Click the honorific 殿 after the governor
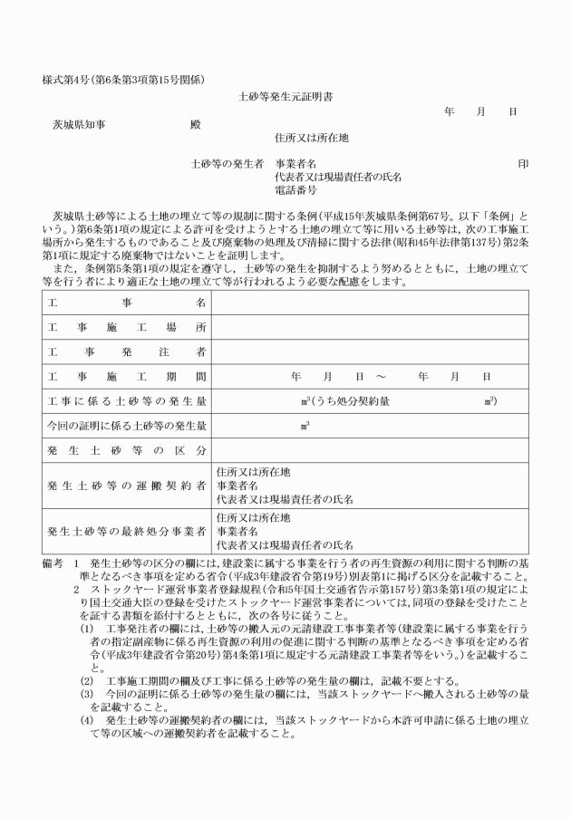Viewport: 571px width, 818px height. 195,125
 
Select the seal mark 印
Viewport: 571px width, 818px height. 522,165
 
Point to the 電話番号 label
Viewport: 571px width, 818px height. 295,191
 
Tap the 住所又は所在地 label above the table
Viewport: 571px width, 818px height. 311,139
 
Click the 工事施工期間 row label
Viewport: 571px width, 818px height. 127,375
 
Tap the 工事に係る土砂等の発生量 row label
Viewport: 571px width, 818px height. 127,400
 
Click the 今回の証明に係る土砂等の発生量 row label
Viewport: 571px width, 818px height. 127,425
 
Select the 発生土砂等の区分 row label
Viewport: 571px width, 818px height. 127,450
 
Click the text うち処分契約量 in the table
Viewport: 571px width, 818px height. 352,400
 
